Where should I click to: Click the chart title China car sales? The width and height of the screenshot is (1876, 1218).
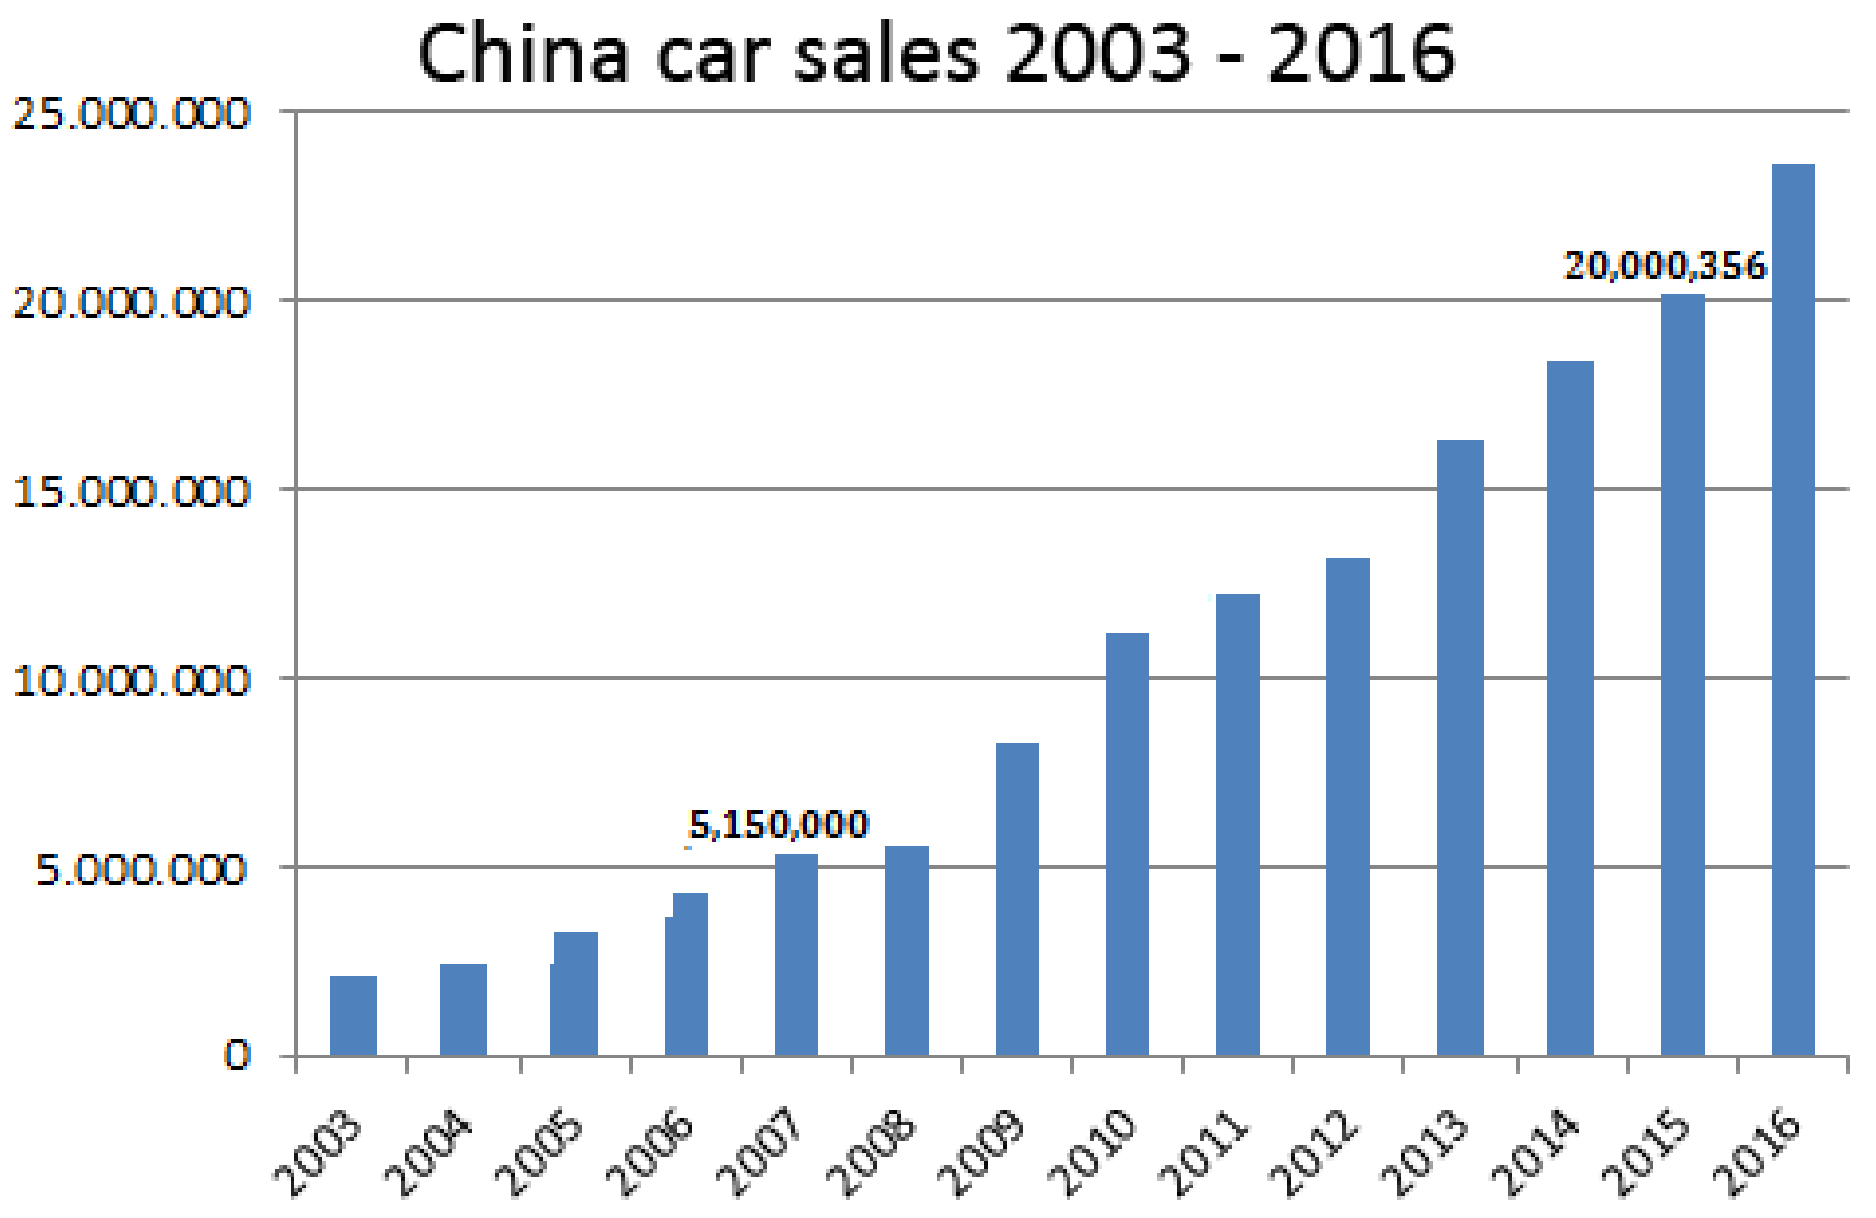point(936,53)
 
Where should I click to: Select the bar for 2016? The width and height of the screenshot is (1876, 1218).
point(1792,610)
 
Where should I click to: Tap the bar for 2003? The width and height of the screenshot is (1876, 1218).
point(353,1015)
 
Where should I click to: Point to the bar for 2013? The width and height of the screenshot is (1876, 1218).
point(1459,748)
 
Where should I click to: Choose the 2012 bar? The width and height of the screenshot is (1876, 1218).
point(1347,807)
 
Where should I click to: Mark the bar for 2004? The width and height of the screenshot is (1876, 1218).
point(463,1009)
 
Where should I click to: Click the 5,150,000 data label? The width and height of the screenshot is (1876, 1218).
point(778,824)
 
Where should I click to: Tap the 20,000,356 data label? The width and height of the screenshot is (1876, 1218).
point(1664,265)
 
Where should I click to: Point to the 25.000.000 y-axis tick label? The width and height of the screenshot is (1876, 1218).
point(131,114)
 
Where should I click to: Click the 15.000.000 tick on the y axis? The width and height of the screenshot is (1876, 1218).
point(131,491)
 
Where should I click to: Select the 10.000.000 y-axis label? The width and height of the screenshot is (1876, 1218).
point(131,680)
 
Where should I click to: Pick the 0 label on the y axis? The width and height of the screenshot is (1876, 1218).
point(237,1055)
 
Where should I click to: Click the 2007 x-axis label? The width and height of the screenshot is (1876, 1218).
point(758,1152)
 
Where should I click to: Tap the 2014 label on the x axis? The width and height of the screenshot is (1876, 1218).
point(1533,1152)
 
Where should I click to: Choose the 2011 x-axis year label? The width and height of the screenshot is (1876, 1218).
point(1201,1152)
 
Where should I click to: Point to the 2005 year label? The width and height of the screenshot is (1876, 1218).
point(538,1152)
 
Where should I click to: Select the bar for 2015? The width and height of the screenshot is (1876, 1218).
point(1682,674)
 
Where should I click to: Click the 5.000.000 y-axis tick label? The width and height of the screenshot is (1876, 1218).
point(141,869)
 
